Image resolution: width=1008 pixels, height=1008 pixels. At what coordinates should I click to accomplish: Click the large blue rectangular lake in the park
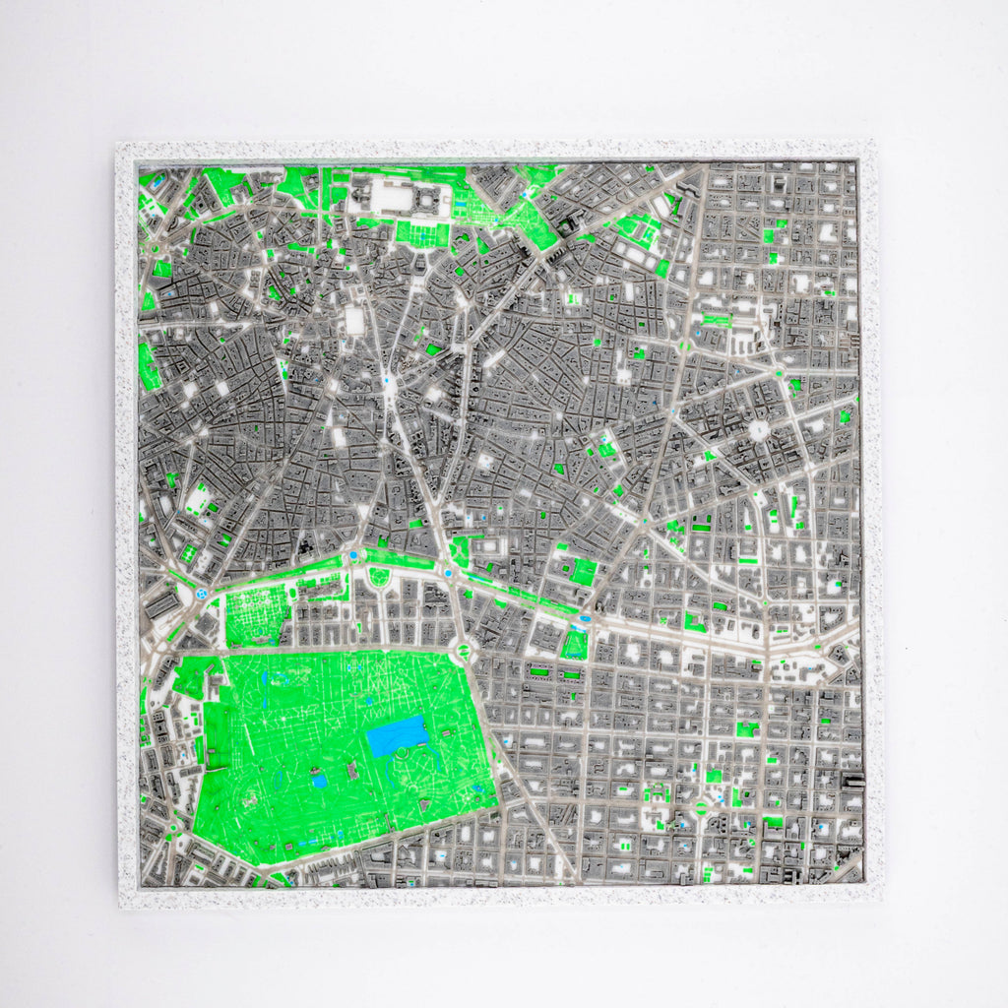[398, 735]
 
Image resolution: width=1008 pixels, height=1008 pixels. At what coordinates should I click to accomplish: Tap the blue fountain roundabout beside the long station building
[202, 594]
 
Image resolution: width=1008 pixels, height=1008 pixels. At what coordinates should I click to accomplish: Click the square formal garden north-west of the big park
[256, 614]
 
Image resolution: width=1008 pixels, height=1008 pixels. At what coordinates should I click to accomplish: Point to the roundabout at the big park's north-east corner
[461, 650]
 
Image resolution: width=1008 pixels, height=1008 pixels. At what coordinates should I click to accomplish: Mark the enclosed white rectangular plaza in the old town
[354, 321]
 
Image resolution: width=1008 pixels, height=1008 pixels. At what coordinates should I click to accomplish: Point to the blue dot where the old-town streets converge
[387, 379]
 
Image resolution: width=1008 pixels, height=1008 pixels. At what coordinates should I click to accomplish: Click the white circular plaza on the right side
[759, 431]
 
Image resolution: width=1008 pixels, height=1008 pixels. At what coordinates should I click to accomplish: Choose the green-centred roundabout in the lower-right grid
[700, 807]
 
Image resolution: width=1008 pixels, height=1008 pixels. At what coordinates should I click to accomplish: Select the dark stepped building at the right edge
[853, 782]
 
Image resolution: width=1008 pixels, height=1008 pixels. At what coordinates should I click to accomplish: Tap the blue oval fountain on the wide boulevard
[585, 619]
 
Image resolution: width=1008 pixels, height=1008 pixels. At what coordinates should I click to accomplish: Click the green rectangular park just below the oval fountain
[575, 644]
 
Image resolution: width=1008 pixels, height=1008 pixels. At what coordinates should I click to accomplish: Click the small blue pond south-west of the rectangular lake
[320, 781]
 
